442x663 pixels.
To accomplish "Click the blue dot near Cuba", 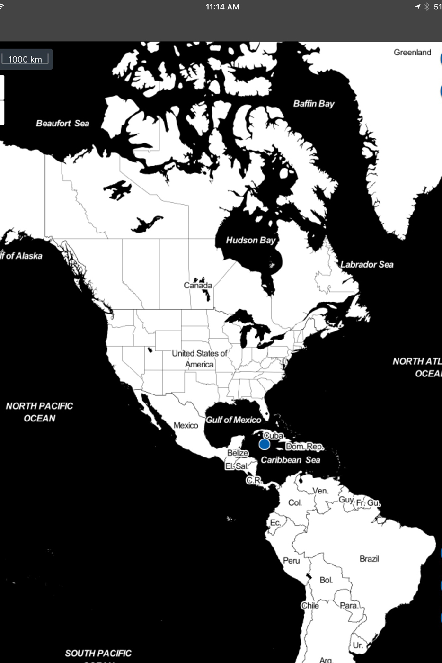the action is pyautogui.click(x=265, y=444).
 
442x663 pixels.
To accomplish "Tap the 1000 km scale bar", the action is pyautogui.click(x=25, y=59).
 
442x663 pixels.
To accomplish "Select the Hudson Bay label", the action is pyautogui.click(x=250, y=240).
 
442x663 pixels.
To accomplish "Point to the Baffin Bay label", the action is pyautogui.click(x=313, y=103).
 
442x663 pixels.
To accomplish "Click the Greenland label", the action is pyautogui.click(x=412, y=52).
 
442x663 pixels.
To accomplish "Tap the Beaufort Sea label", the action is pyautogui.click(x=62, y=123).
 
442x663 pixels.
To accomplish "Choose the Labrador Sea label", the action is pyautogui.click(x=367, y=264).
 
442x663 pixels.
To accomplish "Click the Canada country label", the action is pyautogui.click(x=198, y=285).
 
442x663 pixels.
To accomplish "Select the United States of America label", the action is pyautogui.click(x=199, y=358).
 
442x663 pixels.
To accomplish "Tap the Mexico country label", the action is pyautogui.click(x=186, y=425).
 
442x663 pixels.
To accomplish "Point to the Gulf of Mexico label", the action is pyautogui.click(x=233, y=420).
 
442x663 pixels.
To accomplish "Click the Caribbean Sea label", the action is pyautogui.click(x=290, y=460).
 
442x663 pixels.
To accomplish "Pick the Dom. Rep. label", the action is pyautogui.click(x=305, y=447).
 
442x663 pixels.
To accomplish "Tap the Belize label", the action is pyautogui.click(x=238, y=453).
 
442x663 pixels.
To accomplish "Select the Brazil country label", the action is pyautogui.click(x=369, y=559).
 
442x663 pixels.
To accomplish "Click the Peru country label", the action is pyautogui.click(x=291, y=561).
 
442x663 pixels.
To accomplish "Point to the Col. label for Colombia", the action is pyautogui.click(x=295, y=502).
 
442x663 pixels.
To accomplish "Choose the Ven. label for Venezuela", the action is pyautogui.click(x=320, y=491).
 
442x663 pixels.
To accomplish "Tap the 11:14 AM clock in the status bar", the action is pyautogui.click(x=222, y=7).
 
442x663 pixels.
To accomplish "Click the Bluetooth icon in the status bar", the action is pyautogui.click(x=426, y=7).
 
